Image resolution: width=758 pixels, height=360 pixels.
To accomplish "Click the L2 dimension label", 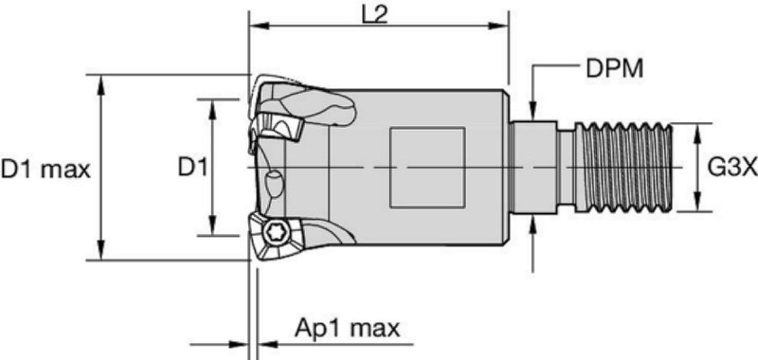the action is pos(374,15).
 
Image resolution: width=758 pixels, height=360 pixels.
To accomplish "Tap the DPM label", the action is pos(614,69).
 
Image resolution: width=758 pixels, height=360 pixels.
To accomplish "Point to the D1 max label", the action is pos(45,170).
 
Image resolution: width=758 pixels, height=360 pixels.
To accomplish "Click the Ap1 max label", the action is pos(348,329).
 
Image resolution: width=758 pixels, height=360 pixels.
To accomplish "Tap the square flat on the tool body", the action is pos(427,168).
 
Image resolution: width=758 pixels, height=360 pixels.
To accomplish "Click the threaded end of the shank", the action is pos(624,168).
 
